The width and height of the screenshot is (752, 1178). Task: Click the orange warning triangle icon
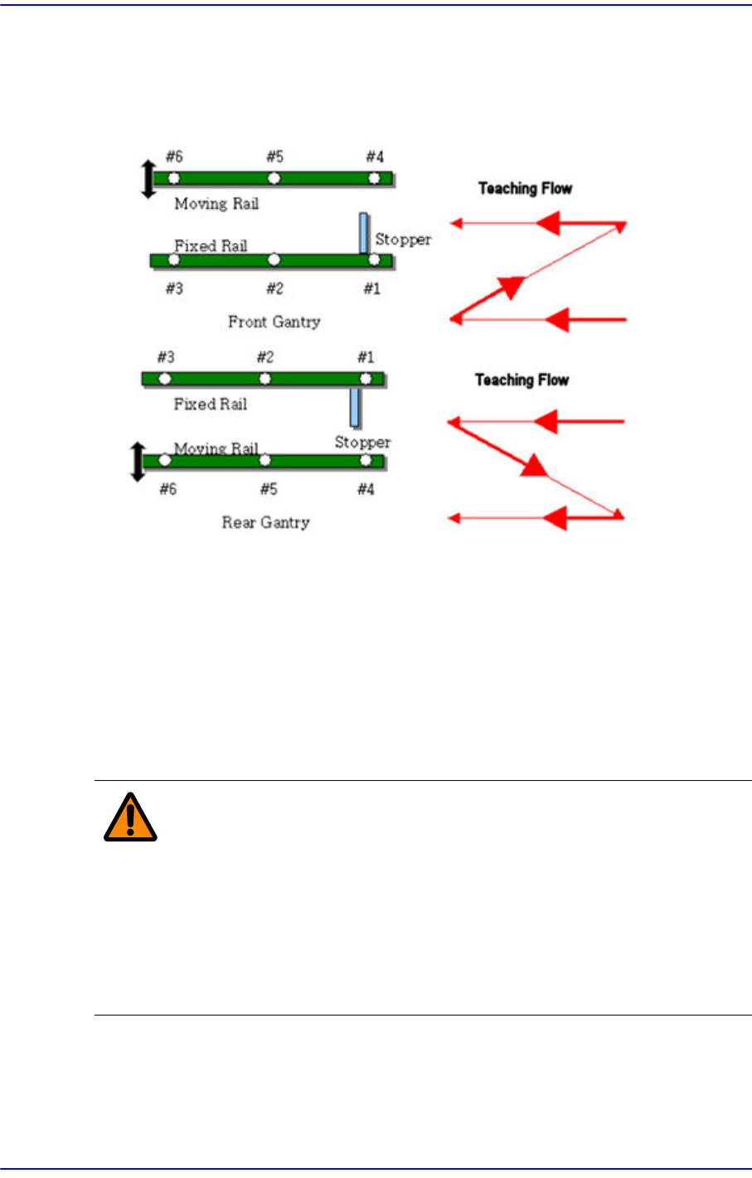pos(130,817)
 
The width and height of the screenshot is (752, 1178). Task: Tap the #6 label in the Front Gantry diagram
pos(174,157)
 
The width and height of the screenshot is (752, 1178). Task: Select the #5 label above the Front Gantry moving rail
pos(274,157)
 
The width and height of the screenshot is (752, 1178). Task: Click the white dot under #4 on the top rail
pos(374,178)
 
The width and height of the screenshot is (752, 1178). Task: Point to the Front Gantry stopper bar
pos(363,233)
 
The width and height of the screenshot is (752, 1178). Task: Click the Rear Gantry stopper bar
pos(355,406)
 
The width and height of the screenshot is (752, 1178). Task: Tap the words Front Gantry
pos(274,322)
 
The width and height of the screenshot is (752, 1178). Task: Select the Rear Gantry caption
pos(265,522)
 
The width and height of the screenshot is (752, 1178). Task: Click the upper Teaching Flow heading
pos(525,188)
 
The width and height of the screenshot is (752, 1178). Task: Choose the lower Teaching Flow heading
pos(522,380)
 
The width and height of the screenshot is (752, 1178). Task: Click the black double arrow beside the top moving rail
pos(148,179)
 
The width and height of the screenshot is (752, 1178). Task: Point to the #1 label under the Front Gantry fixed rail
pos(371,288)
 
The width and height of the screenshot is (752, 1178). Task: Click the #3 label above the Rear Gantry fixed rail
pos(166,357)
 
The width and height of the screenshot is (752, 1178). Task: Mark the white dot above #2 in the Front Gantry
pos(274,260)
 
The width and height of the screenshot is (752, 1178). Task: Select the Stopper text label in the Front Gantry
pos(403,240)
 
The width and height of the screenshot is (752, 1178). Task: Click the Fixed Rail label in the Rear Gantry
pos(211,404)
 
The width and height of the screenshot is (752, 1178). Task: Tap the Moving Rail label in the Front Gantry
pos(216,203)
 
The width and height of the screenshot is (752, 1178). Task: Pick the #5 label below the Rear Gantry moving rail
pos(269,489)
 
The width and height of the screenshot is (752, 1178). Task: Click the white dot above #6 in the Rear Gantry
pos(165,460)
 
